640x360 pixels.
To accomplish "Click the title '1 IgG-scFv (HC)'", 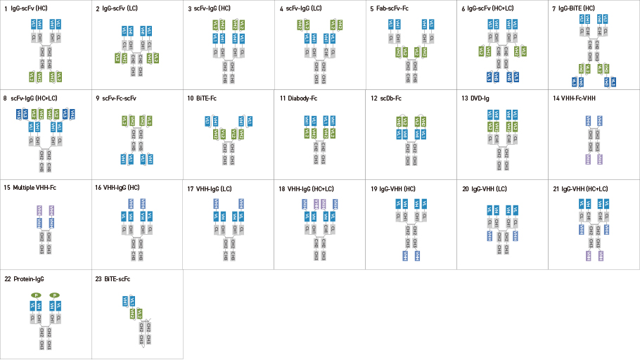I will tap(27, 8).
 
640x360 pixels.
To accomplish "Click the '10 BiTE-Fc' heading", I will tap(203, 98).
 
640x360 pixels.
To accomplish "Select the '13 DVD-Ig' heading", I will tap(475, 98).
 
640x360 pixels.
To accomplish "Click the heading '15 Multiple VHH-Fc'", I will tap(31, 188).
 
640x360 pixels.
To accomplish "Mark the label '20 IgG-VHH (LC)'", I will tap(485, 188).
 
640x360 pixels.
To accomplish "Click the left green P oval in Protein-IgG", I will tap(35, 295).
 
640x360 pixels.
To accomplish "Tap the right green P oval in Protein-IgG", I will tap(54, 295).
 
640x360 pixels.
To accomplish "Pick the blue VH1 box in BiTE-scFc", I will tap(125, 301).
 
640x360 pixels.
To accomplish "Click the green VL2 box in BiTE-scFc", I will tap(139, 314).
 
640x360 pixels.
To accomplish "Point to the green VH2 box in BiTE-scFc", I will tap(132, 314).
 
